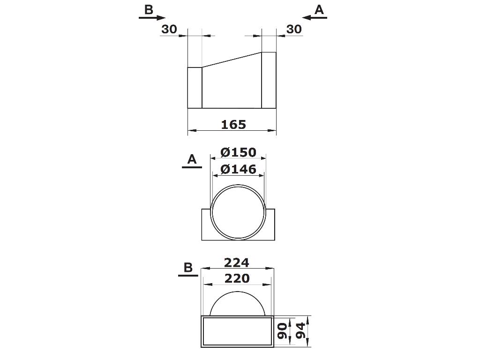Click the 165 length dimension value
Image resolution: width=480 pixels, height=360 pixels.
[233, 124]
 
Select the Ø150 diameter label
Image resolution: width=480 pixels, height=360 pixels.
[238, 152]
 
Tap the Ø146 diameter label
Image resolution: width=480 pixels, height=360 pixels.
[238, 169]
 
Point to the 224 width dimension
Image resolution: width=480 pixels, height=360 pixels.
[237, 262]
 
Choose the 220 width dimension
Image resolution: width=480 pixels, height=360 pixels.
[237, 278]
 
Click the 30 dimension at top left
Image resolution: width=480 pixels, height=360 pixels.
[169, 29]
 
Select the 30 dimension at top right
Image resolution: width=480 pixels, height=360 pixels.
[294, 29]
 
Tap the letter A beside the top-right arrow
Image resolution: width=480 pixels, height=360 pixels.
[319, 9]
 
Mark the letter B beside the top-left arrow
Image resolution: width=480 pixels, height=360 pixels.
[149, 9]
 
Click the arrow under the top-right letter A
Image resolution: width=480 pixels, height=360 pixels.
[315, 18]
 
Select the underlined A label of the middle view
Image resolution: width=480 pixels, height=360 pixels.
[192, 160]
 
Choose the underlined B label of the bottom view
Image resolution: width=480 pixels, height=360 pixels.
[188, 268]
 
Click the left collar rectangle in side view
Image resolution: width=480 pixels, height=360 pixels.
[195, 88]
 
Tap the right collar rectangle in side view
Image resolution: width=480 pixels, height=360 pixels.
[269, 80]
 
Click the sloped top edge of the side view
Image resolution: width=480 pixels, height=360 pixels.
[232, 60]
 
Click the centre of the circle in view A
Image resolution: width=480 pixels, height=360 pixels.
[237, 212]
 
